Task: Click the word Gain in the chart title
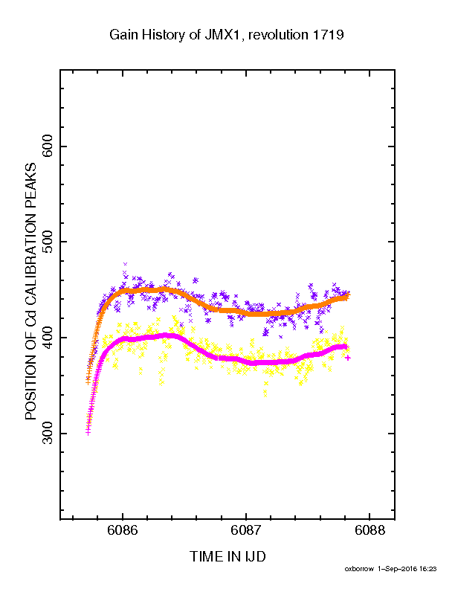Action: pos(122,35)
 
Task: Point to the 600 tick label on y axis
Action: pos(48,147)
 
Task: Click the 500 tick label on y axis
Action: pos(48,242)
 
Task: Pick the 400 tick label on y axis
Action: pos(48,338)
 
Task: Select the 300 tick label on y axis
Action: pos(48,433)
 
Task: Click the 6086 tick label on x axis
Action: pos(123,530)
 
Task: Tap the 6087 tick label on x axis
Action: pos(246,530)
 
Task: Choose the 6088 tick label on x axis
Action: pos(370,530)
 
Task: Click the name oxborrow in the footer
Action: pos(359,569)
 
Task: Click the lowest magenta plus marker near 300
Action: pos(88,432)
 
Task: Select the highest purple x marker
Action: pos(126,264)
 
